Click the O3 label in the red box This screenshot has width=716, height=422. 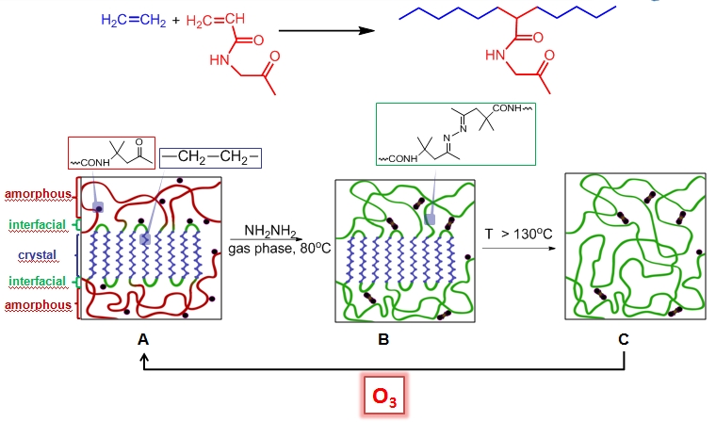click(384, 398)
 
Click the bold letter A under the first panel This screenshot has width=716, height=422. click(143, 339)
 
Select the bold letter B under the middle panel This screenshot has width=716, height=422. click(383, 339)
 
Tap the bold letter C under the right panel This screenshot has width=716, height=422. click(624, 339)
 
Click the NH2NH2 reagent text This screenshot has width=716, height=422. click(268, 231)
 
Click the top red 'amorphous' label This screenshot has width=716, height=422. click(37, 195)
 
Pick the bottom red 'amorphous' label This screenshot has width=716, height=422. click(37, 305)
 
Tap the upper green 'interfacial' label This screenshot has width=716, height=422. click(37, 224)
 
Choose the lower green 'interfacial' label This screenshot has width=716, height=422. click(37, 281)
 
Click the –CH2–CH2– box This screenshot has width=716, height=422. click(210, 156)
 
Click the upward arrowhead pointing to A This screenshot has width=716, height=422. click(143, 362)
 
